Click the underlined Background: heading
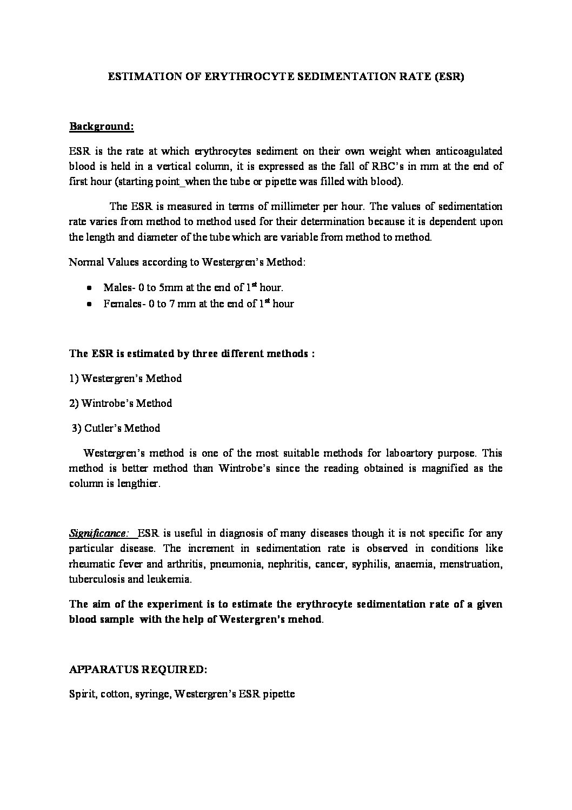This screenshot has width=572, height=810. [x=101, y=127]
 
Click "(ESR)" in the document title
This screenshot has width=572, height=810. [x=448, y=77]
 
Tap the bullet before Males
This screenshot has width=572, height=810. [x=89, y=288]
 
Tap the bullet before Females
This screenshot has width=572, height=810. [x=89, y=305]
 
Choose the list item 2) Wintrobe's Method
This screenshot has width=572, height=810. [x=121, y=404]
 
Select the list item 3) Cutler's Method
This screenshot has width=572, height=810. [x=116, y=429]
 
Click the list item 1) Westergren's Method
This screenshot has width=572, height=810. [x=125, y=379]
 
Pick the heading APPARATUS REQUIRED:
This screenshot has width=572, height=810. [x=138, y=670]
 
